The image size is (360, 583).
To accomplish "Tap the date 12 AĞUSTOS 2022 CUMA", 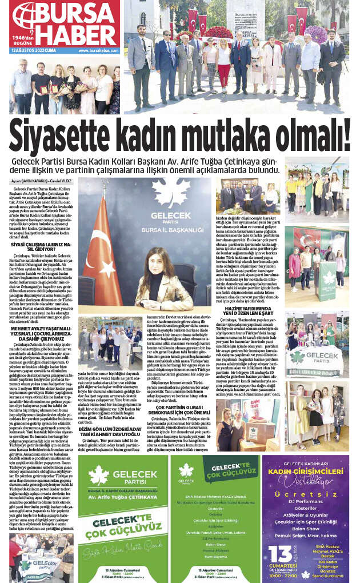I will tap(34, 50).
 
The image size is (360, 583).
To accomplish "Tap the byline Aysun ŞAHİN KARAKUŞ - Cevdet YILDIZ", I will tap(43, 181).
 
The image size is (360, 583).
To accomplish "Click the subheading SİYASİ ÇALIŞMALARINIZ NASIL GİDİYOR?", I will tap(42, 246).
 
